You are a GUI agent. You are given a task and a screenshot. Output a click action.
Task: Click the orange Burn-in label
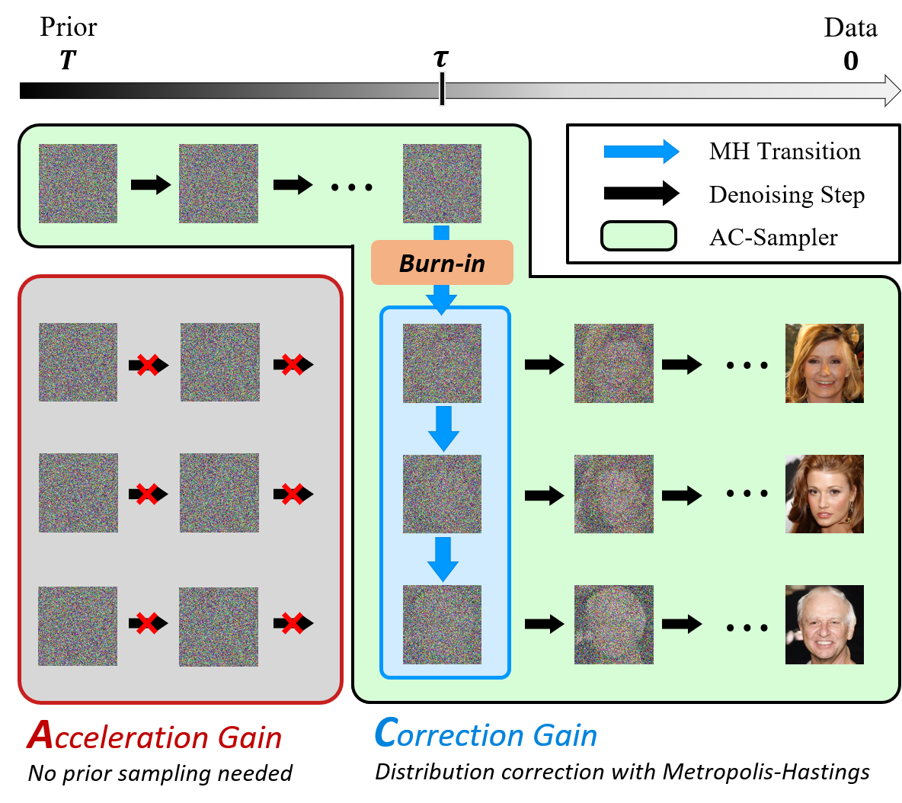[442, 263]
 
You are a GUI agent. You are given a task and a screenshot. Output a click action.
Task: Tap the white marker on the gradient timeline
[442, 88]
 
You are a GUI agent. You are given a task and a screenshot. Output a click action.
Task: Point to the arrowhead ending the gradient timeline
[892, 90]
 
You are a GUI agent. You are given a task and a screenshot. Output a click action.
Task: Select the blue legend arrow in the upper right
[641, 152]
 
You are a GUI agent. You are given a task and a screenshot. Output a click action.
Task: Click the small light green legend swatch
[638, 235]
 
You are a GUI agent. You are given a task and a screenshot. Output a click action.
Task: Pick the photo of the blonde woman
[824, 363]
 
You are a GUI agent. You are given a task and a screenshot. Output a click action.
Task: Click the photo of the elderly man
[824, 624]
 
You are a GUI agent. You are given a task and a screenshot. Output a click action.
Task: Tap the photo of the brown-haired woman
[824, 494]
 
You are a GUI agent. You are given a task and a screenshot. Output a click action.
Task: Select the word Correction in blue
[449, 734]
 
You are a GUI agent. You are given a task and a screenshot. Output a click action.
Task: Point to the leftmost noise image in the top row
[78, 184]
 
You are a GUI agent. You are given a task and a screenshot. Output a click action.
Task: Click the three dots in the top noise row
[351, 187]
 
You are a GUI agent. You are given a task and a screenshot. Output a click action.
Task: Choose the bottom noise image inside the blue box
[442, 624]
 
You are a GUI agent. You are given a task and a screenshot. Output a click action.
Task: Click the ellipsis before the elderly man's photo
[747, 628]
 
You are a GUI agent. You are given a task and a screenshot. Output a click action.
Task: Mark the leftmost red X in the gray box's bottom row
[147, 623]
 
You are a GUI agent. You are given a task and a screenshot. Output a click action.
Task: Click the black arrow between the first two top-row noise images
[150, 184]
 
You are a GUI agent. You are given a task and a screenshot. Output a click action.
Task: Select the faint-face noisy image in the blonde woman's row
[613, 363]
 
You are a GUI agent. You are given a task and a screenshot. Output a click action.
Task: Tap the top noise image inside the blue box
[442, 363]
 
